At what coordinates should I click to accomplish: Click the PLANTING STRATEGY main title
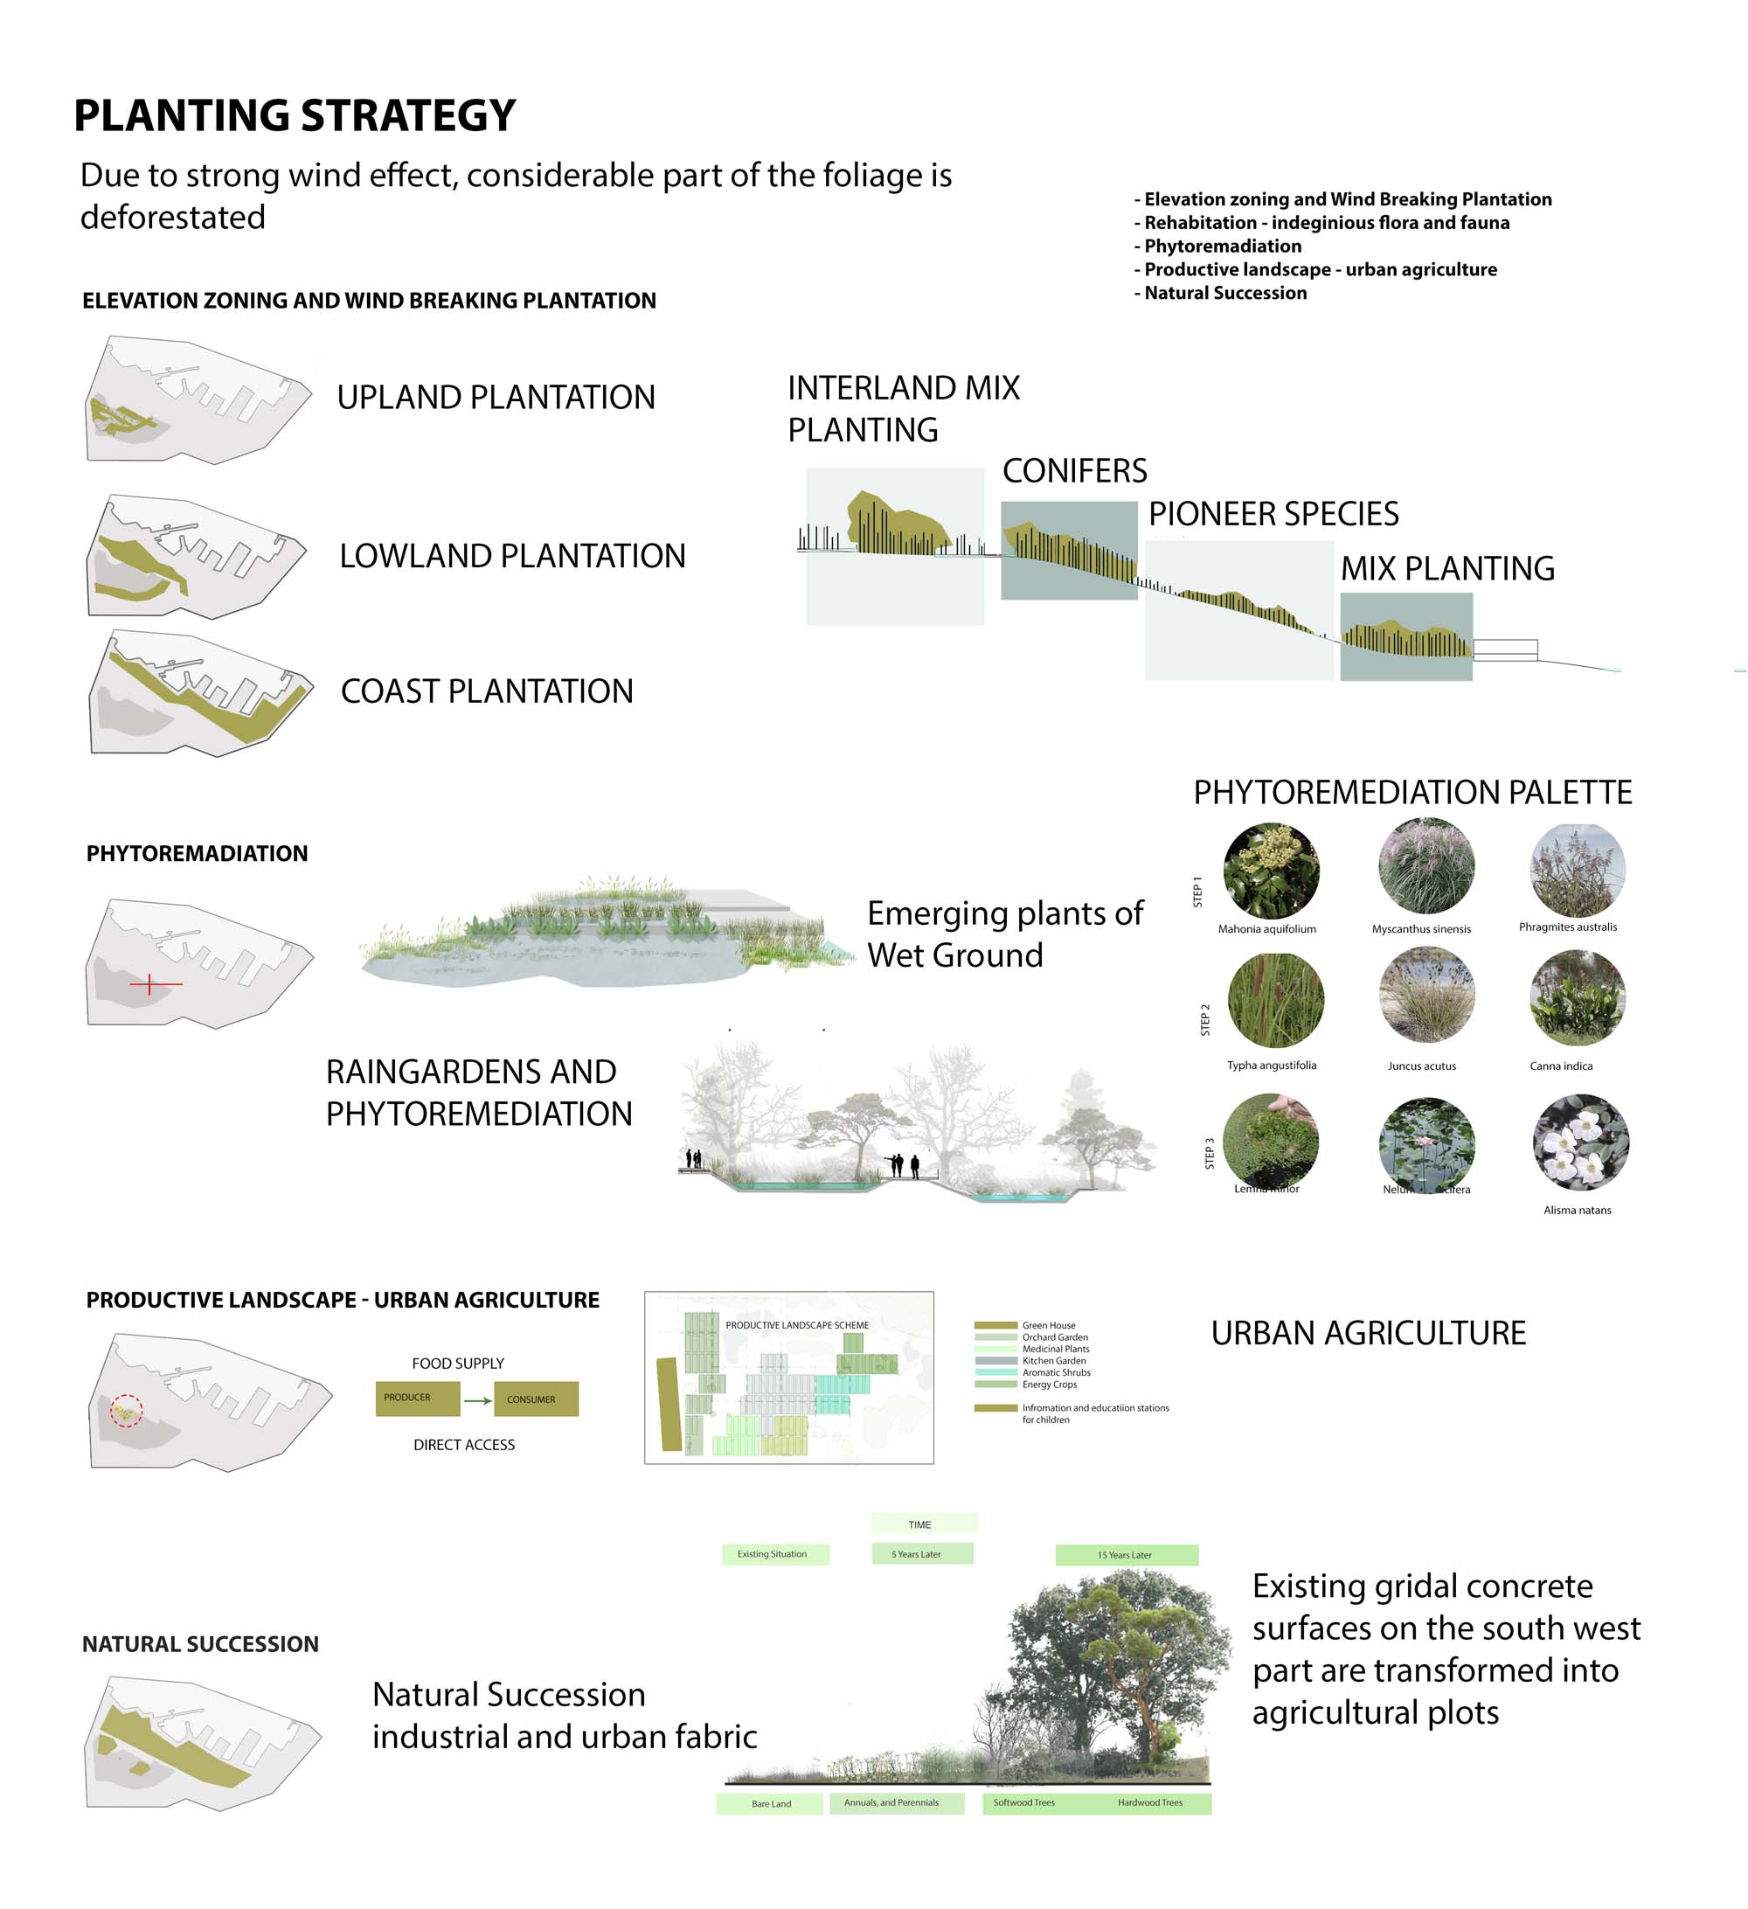295,115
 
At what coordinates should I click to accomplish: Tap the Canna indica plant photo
1577,998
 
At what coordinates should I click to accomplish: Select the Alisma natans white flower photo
1579,1141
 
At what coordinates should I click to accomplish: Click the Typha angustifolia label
1271,1066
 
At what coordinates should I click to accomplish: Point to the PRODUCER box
417,1398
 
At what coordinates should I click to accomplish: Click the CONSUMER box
535,1399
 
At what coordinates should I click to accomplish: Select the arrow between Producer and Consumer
477,1399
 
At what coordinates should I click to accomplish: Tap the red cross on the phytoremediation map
149,984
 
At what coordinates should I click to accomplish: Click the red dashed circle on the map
126,1410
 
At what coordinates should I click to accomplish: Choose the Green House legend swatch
995,1325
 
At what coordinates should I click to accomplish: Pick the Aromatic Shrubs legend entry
1055,1372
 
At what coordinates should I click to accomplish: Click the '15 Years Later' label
1126,1554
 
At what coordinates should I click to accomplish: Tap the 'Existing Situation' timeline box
774,1553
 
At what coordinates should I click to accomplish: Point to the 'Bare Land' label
771,1803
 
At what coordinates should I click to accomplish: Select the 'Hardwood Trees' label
1149,1802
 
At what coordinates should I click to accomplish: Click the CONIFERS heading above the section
1074,470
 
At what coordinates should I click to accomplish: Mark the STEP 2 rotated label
1205,1019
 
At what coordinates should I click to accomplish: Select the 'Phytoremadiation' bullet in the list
1222,246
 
